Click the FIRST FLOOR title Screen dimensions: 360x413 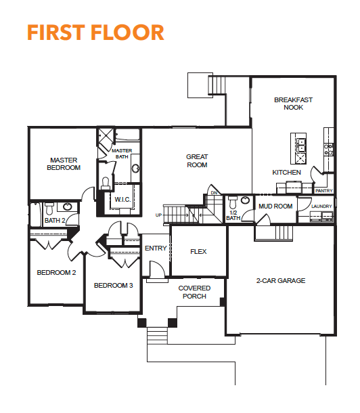(96, 32)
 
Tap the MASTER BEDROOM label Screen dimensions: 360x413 (64, 164)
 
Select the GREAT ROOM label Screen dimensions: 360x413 (197, 160)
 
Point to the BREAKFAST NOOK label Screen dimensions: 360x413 (293, 104)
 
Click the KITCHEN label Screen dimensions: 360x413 (286, 172)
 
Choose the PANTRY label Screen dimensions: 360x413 (324, 190)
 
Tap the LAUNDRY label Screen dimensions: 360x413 (321, 206)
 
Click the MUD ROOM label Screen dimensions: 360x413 (275, 206)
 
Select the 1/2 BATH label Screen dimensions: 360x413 (233, 215)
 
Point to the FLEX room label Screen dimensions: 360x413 (198, 252)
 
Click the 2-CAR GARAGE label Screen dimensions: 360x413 (281, 280)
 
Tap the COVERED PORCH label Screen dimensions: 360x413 (194, 292)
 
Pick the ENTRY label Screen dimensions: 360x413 (156, 248)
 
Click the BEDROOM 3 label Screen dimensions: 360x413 (114, 285)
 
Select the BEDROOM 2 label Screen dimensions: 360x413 (56, 272)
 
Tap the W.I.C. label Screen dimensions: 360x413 (122, 199)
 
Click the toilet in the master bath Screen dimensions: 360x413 (106, 183)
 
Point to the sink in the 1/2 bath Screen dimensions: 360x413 (246, 200)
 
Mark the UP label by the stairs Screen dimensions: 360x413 (158, 215)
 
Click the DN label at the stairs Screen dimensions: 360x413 (215, 193)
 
